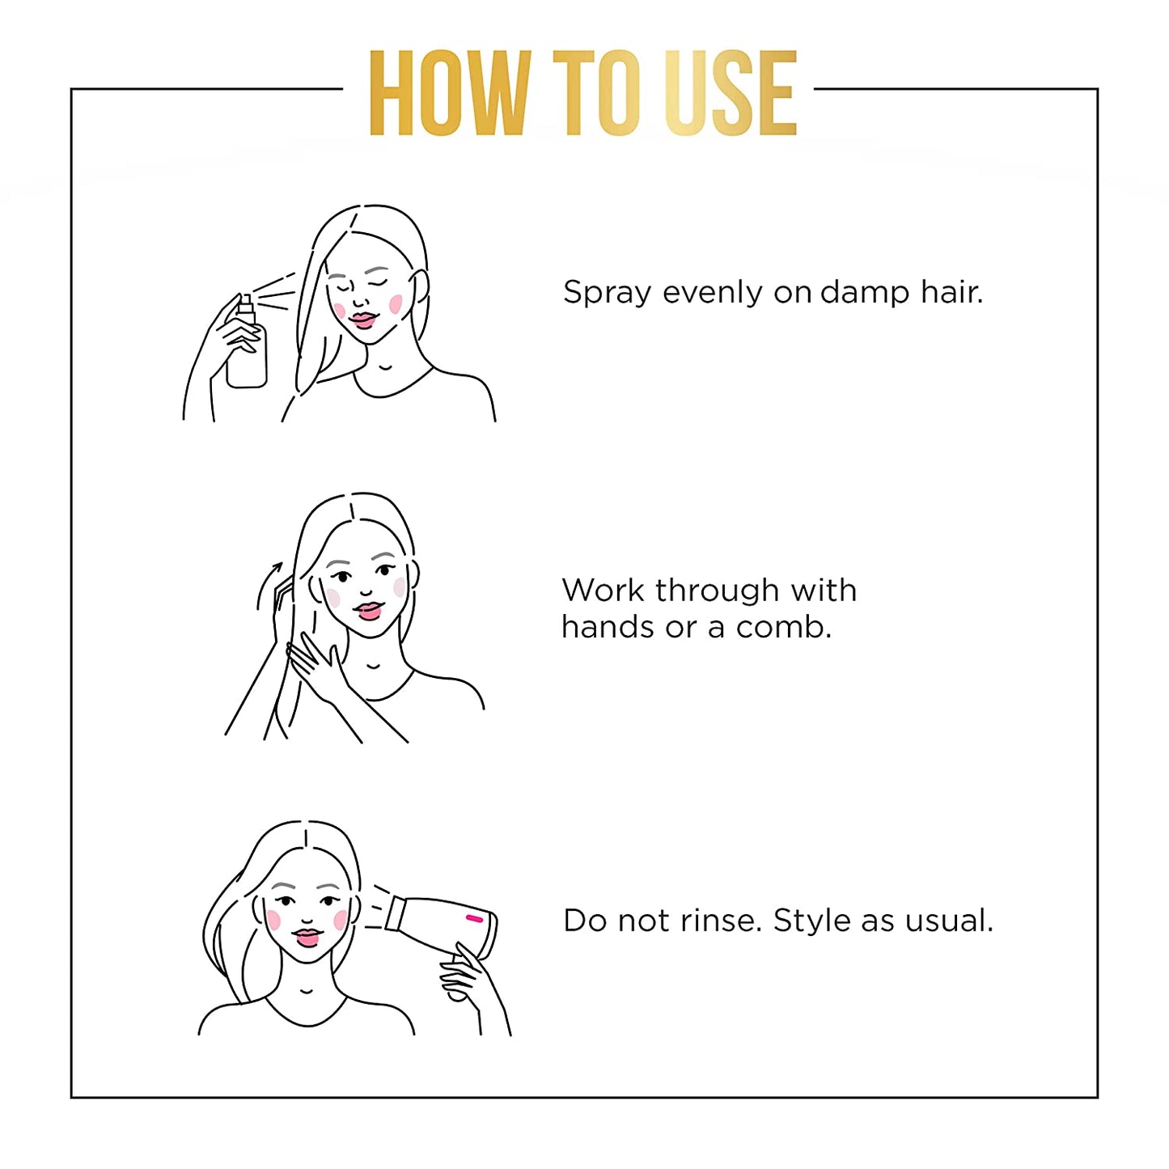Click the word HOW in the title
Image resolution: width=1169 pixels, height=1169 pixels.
pos(449,93)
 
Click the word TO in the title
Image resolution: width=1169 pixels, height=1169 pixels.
pos(595,93)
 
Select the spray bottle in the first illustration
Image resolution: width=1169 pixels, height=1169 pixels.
pos(247,348)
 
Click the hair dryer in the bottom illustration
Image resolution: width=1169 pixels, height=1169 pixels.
pos(445,926)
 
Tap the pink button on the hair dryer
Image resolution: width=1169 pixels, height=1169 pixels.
pos(474,918)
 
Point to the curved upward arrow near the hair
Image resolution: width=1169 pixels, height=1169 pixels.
pos(267,584)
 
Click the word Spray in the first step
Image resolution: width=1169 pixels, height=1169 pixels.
pos(607,293)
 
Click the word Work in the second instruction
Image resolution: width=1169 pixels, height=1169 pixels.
pos(603,591)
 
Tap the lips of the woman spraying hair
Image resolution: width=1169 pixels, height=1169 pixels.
pos(363,320)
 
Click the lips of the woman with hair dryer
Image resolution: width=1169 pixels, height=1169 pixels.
pos(307,938)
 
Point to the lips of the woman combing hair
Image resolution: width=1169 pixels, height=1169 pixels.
pos(368,610)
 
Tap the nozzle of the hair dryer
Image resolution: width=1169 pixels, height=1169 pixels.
pos(395,914)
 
